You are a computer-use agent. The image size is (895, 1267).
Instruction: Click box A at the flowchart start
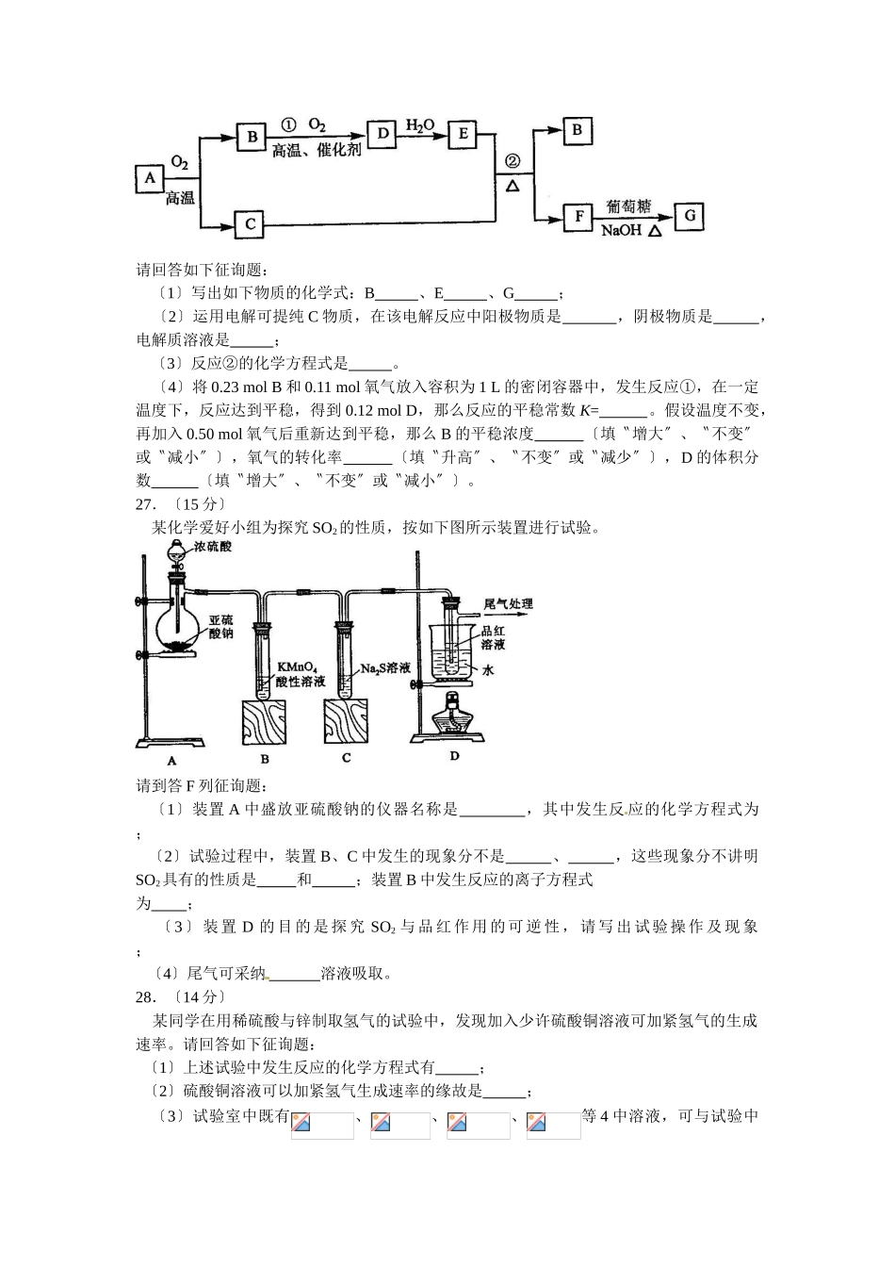click(149, 178)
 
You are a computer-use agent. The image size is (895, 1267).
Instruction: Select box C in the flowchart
click(250, 223)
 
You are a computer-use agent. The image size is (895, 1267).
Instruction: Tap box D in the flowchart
click(382, 134)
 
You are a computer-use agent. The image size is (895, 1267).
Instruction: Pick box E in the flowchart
click(462, 134)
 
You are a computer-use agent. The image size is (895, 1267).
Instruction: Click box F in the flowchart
click(578, 217)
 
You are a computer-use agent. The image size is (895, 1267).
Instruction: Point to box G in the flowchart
click(690, 216)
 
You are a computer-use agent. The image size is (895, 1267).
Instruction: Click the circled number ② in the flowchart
click(513, 161)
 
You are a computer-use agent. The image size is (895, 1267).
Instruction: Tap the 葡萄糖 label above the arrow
click(627, 206)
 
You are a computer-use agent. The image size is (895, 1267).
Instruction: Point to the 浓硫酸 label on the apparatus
click(213, 547)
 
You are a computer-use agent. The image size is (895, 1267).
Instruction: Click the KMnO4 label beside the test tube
click(295, 666)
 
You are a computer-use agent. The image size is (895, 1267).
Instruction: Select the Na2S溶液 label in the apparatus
click(386, 668)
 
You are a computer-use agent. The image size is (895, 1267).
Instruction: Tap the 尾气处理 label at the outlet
click(508, 603)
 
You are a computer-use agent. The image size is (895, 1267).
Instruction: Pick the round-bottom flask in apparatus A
click(177, 622)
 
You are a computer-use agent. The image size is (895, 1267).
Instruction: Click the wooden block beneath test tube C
click(346, 724)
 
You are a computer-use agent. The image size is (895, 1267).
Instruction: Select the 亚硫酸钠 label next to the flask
click(220, 627)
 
